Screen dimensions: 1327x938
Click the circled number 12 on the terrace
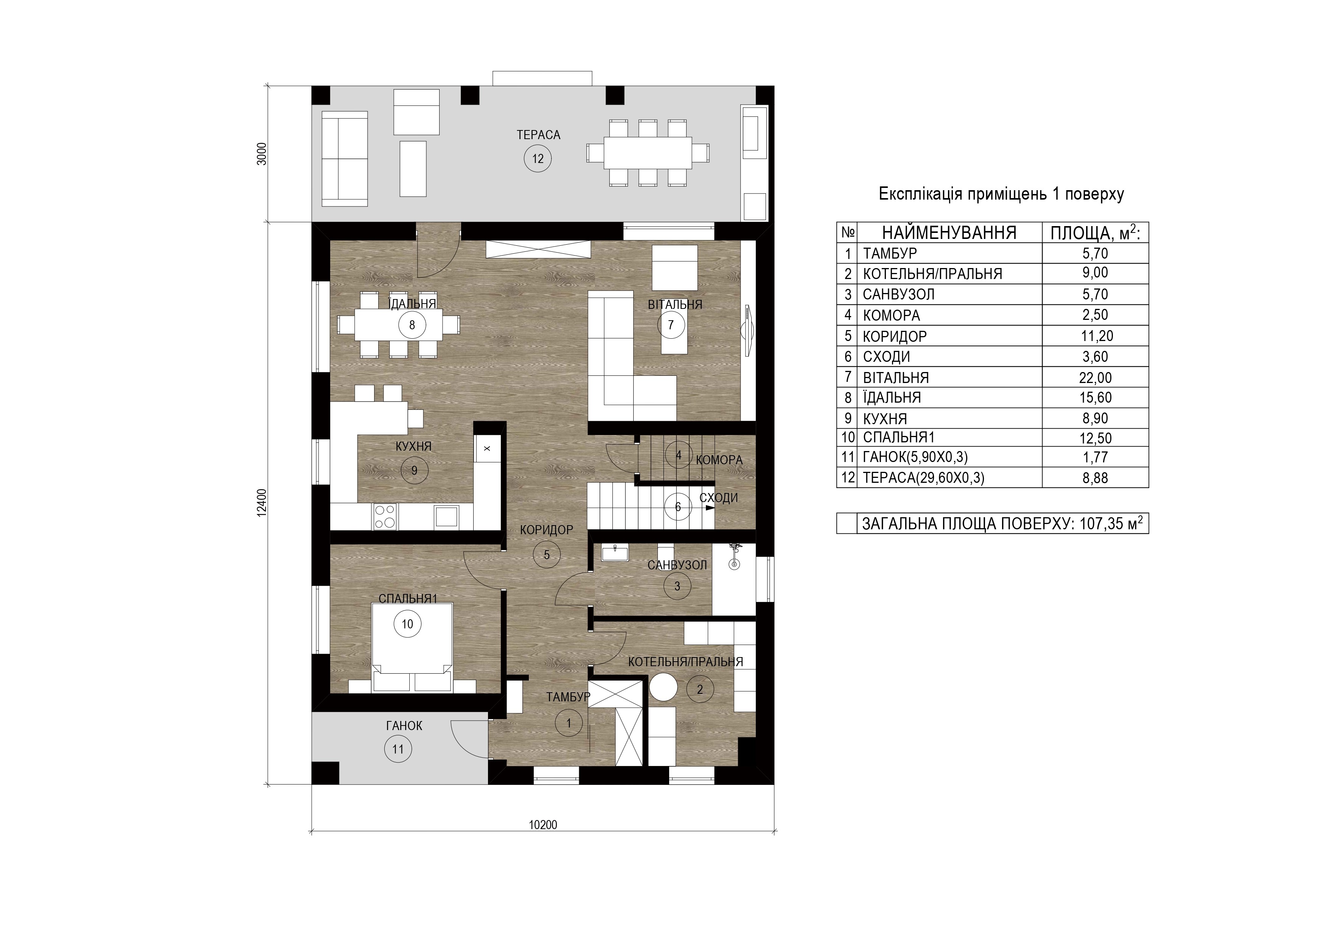click(x=538, y=159)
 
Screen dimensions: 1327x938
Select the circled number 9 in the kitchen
click(x=414, y=471)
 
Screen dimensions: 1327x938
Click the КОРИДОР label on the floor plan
click(x=546, y=530)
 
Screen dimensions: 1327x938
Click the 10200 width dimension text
click(x=543, y=825)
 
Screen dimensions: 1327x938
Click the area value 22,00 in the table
click(x=1095, y=378)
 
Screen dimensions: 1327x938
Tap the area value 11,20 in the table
click(x=1096, y=336)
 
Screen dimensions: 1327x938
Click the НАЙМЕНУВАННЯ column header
click(x=949, y=233)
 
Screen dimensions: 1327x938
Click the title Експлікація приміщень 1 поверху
click(x=1001, y=194)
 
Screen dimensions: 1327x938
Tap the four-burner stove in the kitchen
click(x=385, y=516)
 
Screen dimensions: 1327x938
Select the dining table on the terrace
click(x=648, y=152)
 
